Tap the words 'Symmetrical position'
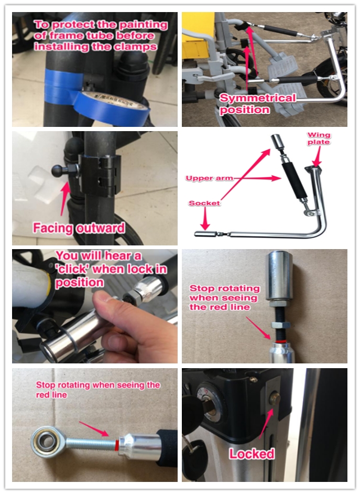(x=257, y=103)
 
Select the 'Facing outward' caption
(x=79, y=228)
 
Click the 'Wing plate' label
(x=319, y=138)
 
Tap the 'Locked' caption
(x=252, y=453)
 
